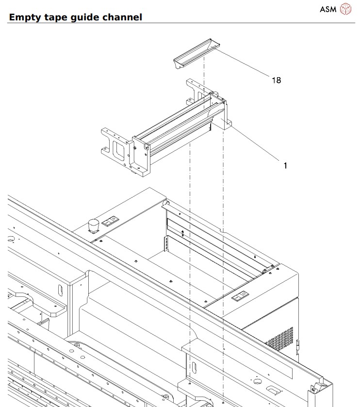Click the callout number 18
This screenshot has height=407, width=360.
click(276, 80)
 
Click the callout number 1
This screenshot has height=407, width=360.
click(285, 166)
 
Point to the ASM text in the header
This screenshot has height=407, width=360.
click(329, 9)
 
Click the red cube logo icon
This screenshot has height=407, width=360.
click(345, 9)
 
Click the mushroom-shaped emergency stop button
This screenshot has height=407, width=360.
click(94, 225)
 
